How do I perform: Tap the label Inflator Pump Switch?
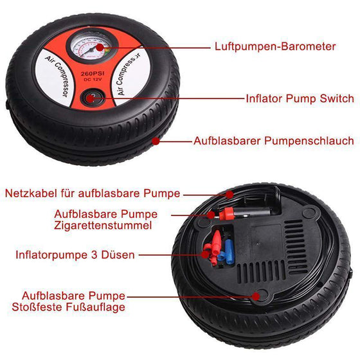[300, 98]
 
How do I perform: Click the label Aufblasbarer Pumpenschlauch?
[274, 140]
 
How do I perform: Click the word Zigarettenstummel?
[104, 225]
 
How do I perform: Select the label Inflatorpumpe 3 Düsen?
[75, 255]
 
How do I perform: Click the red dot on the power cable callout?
[228, 193]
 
